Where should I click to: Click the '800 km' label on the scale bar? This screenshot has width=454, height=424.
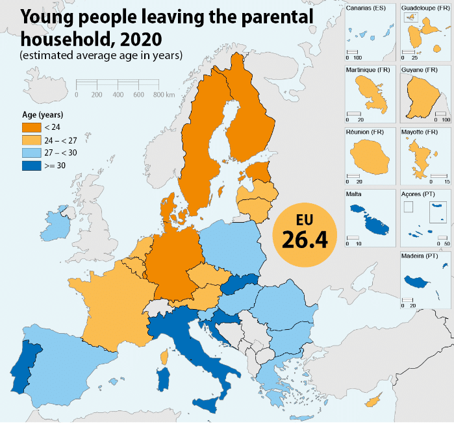pyautogui.click(x=164, y=95)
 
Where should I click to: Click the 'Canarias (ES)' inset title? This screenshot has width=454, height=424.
pyautogui.click(x=368, y=7)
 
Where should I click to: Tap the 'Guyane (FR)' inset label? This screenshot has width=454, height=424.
pyautogui.click(x=420, y=69)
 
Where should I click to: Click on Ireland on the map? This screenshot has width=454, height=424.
pyautogui.click(x=64, y=221)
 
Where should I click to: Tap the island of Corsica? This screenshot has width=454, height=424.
pyautogui.click(x=166, y=358)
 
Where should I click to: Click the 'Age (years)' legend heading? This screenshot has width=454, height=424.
pyautogui.click(x=42, y=114)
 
